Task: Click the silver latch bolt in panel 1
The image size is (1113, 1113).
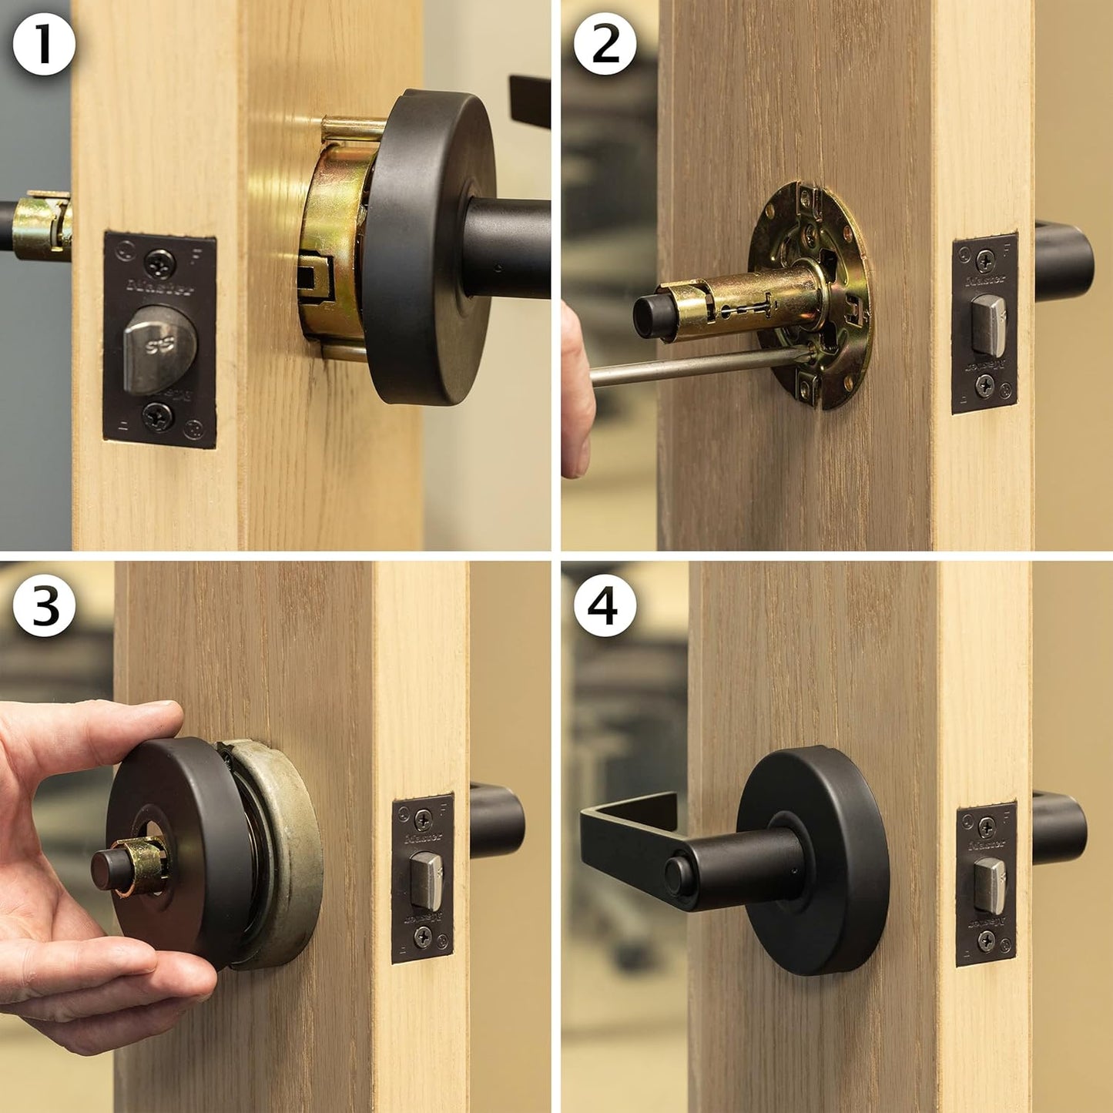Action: point(159,347)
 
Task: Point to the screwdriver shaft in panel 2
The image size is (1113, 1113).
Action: point(693,366)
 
